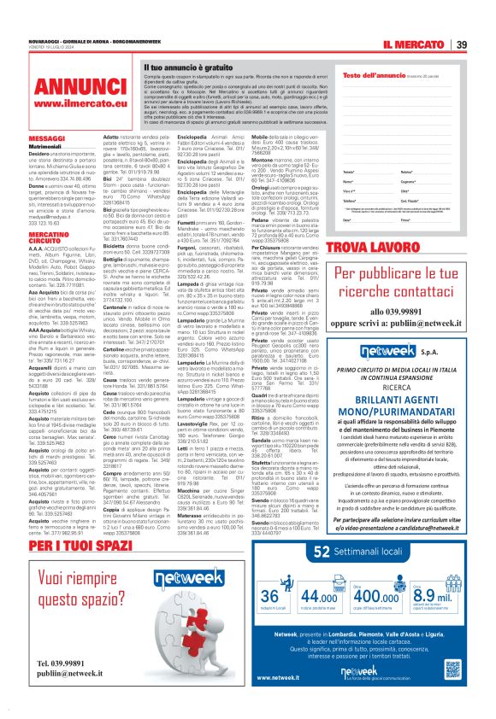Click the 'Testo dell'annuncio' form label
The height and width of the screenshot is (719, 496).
click(x=369, y=76)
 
